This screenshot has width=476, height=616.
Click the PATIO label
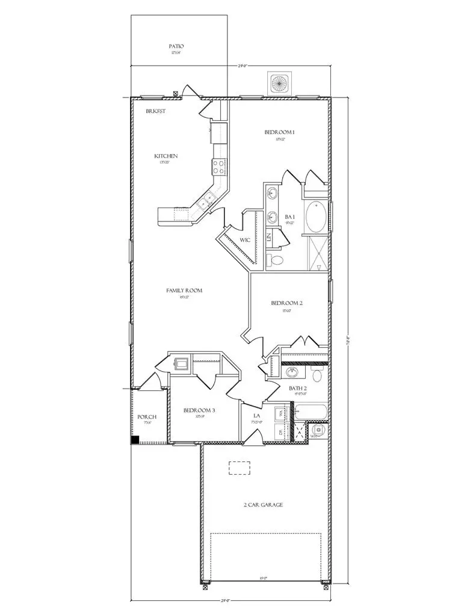(176, 46)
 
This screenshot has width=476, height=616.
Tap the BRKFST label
(156, 111)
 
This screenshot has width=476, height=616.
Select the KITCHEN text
(165, 156)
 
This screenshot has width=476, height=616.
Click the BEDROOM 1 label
(279, 132)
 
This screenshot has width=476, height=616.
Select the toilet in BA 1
(276, 260)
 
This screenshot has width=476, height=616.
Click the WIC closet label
(245, 240)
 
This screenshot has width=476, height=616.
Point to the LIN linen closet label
(269, 237)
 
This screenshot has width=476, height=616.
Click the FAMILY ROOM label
(184, 291)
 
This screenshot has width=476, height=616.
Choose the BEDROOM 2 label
(286, 304)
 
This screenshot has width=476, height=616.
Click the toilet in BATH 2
(317, 375)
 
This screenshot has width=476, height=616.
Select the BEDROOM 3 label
(199, 411)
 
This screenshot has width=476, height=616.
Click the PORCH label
(147, 417)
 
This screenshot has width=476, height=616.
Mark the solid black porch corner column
(135, 440)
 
